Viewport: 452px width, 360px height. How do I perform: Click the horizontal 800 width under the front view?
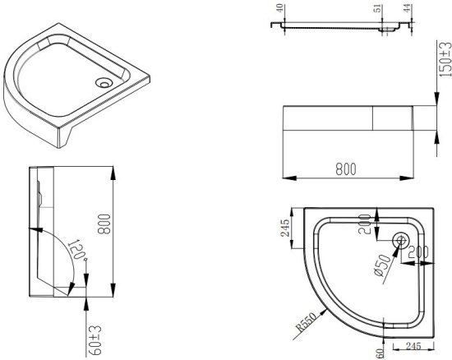(345, 169)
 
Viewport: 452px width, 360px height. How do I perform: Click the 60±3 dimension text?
(96, 339)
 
